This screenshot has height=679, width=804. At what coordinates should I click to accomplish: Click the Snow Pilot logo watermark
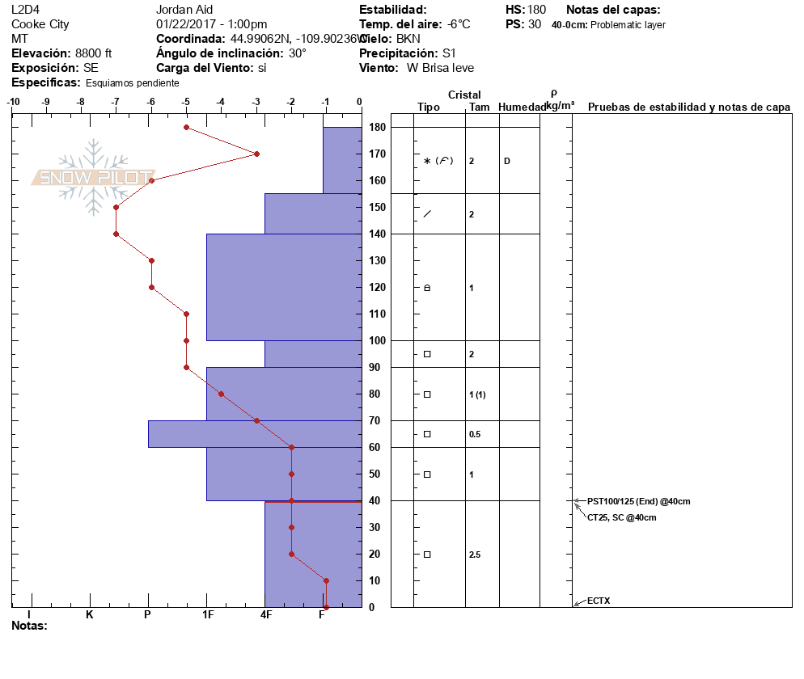[94, 177]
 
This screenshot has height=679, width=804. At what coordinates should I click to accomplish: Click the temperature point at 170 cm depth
[256, 154]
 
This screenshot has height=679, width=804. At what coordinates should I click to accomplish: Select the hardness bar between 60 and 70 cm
[254, 434]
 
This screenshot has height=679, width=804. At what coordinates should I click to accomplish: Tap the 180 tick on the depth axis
[377, 128]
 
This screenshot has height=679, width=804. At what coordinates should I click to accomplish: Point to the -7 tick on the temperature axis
[116, 102]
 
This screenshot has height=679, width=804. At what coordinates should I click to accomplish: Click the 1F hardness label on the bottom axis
[207, 615]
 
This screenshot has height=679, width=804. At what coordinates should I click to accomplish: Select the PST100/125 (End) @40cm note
[638, 501]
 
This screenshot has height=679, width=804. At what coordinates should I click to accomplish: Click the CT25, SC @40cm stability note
[621, 517]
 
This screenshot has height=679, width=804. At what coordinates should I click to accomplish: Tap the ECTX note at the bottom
[599, 601]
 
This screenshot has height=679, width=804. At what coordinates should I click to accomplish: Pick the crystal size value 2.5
[475, 555]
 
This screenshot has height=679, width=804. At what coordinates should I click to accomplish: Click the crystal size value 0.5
[475, 435]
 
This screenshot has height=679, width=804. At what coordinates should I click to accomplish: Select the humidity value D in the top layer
[507, 161]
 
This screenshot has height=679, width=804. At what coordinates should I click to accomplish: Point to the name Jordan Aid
[184, 10]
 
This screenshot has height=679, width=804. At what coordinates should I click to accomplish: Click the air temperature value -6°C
[459, 24]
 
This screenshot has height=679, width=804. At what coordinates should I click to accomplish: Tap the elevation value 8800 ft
[93, 53]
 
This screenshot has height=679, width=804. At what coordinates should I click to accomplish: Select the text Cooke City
[40, 24]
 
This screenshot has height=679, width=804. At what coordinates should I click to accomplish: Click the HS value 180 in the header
[537, 10]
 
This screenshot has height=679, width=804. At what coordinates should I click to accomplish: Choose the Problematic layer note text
[628, 25]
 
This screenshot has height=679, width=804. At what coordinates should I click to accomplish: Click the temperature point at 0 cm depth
[326, 607]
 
